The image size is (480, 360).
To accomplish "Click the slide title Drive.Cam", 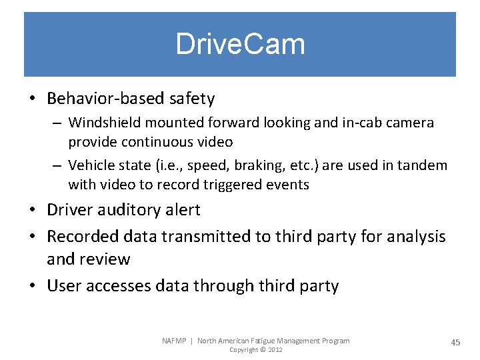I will [x=240, y=45].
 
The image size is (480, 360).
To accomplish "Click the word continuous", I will [x=157, y=142].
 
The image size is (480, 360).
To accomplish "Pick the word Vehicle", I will [x=91, y=165].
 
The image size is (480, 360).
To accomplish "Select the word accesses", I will [x=120, y=286].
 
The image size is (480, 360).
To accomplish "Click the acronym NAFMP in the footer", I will [x=175, y=341].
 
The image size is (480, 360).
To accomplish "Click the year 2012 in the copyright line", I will [x=274, y=350].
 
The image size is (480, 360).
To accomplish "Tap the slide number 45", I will [x=455, y=342].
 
